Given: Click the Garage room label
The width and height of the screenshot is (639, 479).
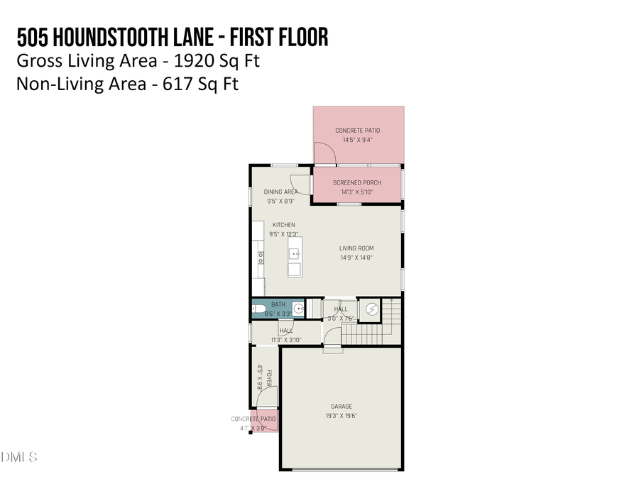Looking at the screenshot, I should (341, 407).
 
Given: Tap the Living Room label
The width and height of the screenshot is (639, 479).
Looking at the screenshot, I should (356, 248).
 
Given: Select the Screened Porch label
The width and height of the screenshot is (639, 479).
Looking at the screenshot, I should (357, 182).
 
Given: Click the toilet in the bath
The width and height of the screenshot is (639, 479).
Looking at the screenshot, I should (257, 309).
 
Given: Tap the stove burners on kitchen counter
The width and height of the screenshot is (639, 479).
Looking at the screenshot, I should (261, 258).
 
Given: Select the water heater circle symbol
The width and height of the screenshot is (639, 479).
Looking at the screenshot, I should (371, 309).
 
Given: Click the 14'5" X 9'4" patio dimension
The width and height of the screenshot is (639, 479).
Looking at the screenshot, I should (357, 140).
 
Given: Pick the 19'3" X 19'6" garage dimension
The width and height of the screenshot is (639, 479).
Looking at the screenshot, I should (341, 416).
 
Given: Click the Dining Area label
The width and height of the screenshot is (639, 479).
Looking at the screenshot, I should (280, 192).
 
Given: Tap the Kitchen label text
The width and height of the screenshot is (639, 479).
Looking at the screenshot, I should (283, 225).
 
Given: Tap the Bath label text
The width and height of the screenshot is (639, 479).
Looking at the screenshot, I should (278, 304).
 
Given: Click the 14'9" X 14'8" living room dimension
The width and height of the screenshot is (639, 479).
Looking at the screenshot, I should (356, 257).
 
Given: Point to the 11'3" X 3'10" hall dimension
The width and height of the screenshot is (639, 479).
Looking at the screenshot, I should (286, 340).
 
